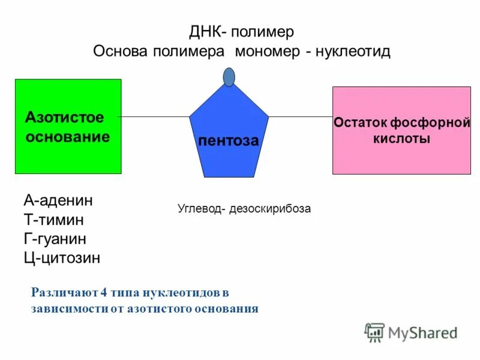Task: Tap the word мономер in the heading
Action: tap(268, 51)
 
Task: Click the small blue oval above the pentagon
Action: tap(229, 77)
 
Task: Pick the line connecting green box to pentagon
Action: tap(155, 116)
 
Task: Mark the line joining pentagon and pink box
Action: tap(300, 116)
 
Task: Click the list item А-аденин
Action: tap(58, 200)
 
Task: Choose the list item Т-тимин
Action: tap(53, 220)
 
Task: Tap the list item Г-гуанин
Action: tap(55, 239)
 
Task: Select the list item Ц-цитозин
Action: tap(62, 258)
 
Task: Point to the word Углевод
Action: tap(197, 209)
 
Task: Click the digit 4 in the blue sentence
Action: tap(104, 293)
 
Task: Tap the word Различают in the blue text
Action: tap(64, 293)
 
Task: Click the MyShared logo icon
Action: tap(374, 332)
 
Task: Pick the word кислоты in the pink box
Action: tap(401, 139)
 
